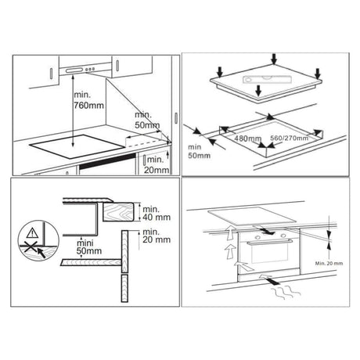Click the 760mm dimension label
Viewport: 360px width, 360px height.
[88, 106]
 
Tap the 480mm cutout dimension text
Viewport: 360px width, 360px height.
[247, 139]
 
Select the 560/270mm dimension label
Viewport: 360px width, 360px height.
[289, 138]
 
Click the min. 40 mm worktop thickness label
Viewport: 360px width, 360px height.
[157, 213]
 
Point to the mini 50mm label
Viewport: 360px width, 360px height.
[89, 247]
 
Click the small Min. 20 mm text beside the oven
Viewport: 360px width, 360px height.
[329, 264]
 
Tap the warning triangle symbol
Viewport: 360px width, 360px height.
[32, 232]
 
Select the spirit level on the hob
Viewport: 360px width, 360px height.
[265, 79]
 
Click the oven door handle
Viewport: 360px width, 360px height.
[269, 242]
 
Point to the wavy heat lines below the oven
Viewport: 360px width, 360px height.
[286, 292]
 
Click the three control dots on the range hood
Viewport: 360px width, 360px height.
[89, 69]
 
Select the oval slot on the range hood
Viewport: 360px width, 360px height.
[74, 70]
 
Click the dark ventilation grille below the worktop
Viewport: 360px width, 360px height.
[108, 161]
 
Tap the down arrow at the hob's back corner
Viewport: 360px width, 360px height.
[274, 59]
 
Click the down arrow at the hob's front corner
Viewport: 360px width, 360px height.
[258, 91]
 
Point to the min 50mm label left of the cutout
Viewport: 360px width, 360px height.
[199, 151]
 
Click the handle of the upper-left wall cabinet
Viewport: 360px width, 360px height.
[51, 74]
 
